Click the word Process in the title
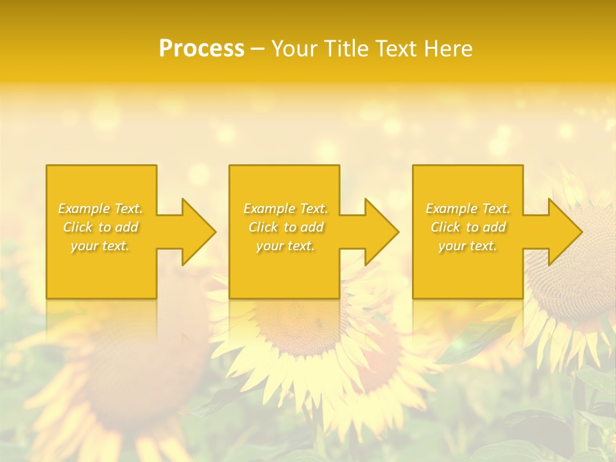point(201,48)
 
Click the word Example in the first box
point(83,209)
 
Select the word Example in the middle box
point(268,209)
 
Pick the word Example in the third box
point(450,209)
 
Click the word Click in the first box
point(78,227)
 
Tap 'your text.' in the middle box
point(285,246)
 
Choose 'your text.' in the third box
point(467,246)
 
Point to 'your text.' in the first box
point(100,246)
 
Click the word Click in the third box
point(445,227)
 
